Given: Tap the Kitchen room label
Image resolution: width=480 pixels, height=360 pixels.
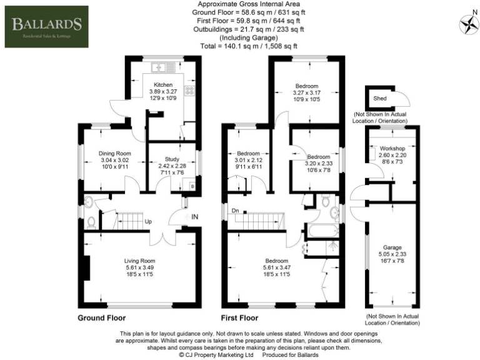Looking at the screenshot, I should tap(163, 84).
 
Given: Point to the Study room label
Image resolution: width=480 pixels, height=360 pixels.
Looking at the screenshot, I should tap(172, 159).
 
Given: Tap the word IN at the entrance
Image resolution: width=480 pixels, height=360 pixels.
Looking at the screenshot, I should tap(195, 216).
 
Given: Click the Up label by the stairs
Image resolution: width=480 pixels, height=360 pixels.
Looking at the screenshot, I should tap(148, 221).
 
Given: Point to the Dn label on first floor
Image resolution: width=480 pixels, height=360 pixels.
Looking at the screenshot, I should tap(234, 211).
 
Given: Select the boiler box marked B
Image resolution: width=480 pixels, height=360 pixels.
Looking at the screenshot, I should tap(192, 187).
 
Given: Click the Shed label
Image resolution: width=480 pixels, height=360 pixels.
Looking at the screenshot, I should tap(379, 98).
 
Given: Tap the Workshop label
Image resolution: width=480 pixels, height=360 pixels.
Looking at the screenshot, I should tap(392, 148).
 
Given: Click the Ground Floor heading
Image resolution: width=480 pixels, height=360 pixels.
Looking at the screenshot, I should tap(102, 317).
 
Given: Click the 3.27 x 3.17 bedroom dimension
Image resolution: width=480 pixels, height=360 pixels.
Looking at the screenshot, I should tap(307, 92).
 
